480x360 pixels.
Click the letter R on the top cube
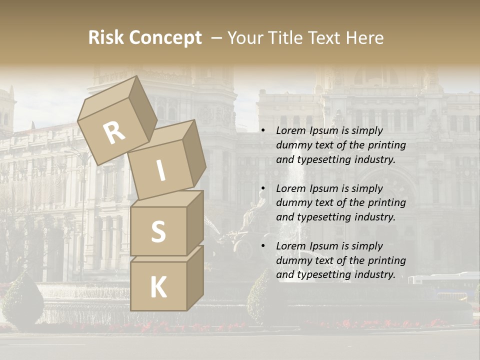coord(114,133)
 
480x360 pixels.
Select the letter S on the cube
coord(158,232)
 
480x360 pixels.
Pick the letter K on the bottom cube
coord(158,287)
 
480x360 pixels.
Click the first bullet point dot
coord(263,131)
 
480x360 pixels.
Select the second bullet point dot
coord(263,188)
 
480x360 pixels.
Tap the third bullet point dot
coord(263,246)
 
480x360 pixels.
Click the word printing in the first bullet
coord(386,145)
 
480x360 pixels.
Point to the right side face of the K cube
coord(195,276)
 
